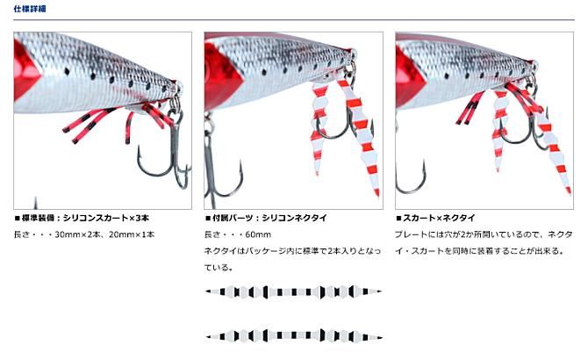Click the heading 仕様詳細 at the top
[x=30, y=9]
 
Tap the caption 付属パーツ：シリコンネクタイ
[x=266, y=218]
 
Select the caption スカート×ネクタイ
[x=436, y=218]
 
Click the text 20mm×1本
[x=132, y=234]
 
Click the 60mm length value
[x=258, y=234]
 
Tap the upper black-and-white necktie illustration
[x=293, y=292]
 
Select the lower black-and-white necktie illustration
[x=293, y=335]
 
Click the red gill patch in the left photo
[x=26, y=70]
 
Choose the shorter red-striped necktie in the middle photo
[x=319, y=127]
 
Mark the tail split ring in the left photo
[x=175, y=104]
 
